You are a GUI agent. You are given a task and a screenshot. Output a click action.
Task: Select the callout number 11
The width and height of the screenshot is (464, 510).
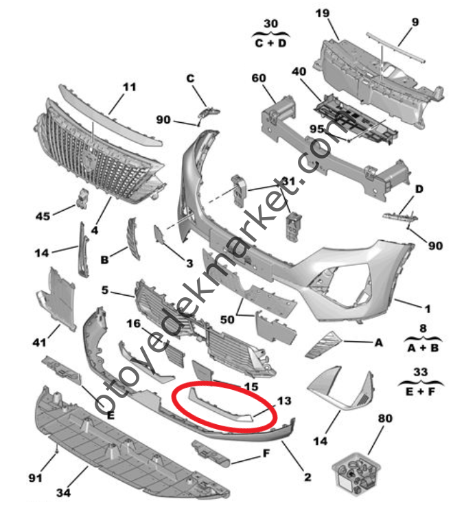130,87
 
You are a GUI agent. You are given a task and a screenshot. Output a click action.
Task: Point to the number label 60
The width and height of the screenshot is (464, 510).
259,79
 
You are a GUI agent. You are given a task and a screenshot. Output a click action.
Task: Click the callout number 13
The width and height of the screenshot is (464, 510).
283,400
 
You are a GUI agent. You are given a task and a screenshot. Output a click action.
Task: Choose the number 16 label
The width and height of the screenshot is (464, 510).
132,323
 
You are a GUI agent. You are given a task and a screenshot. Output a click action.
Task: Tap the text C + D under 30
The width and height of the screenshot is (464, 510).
271,42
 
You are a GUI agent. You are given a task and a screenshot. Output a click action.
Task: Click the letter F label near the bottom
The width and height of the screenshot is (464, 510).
264,453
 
